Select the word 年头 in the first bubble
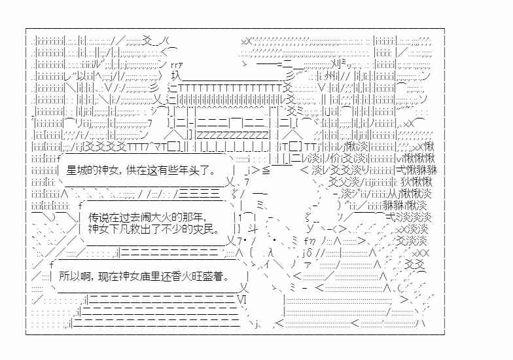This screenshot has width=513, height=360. [x=195, y=170]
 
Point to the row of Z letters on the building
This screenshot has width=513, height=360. [x=232, y=135]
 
